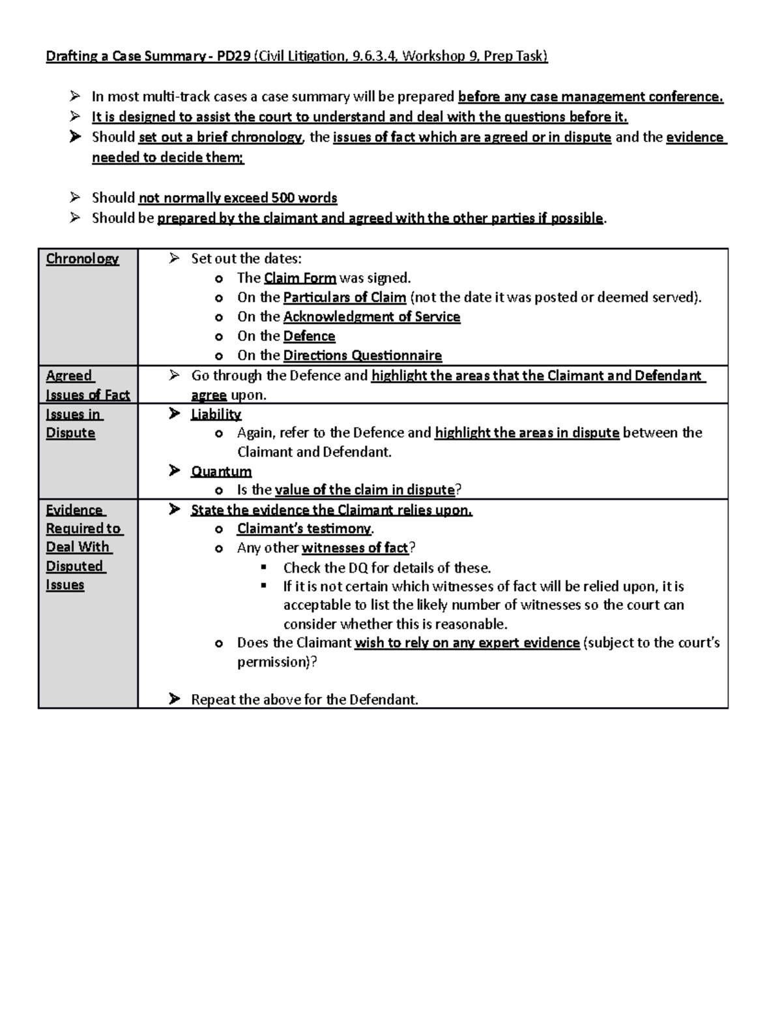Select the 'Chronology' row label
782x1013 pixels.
[x=82, y=259]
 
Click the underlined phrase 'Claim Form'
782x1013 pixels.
[x=300, y=278]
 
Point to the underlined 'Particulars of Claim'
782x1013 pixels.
[x=345, y=297]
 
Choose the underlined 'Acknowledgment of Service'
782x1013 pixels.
[x=371, y=317]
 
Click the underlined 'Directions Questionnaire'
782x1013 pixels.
[x=362, y=355]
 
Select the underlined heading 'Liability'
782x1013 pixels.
[x=216, y=414]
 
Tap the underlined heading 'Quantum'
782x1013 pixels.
[x=221, y=471]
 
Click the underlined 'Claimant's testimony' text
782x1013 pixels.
[x=304, y=528]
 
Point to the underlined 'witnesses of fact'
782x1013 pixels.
[x=355, y=548]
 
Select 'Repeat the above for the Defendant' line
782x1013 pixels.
[x=304, y=700]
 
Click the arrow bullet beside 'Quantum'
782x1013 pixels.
[x=174, y=470]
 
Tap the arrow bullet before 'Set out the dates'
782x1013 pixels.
[x=174, y=258]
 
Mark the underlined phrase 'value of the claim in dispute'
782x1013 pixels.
[x=365, y=490]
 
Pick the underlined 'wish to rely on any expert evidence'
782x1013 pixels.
[x=467, y=643]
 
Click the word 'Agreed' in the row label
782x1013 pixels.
[x=69, y=376]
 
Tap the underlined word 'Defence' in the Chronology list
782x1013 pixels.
[x=309, y=336]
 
